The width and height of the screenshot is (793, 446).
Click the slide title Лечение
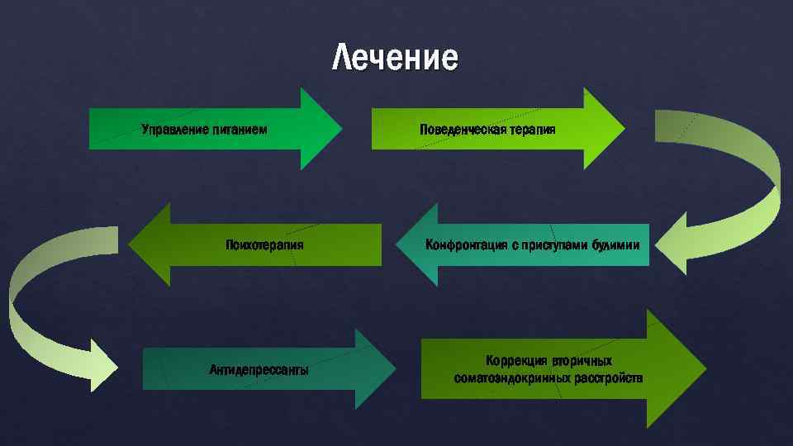point(394,59)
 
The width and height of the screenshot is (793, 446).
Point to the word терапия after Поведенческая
point(532,130)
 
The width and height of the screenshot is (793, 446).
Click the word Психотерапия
point(264,244)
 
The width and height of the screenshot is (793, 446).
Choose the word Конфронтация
point(462,244)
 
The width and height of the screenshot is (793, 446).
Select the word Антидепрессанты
point(259,369)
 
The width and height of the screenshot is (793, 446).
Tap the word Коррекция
point(515,361)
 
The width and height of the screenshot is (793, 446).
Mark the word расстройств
point(609,378)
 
